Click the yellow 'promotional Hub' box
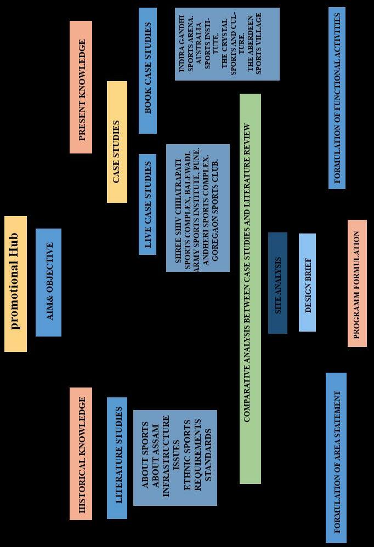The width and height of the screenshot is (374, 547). tap(15, 283)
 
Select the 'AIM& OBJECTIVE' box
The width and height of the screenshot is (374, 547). tap(48, 282)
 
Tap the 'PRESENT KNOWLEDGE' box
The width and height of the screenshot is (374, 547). tap(81, 87)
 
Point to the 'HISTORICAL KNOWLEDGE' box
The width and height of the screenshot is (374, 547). tap(81, 454)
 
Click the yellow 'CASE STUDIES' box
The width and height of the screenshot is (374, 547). tap(117, 142)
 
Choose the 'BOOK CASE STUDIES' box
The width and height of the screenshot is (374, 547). tap(148, 70)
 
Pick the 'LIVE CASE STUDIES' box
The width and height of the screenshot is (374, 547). tap(148, 204)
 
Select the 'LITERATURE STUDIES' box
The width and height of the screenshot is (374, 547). tap(117, 458)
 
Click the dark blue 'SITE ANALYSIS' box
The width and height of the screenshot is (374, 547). tap(277, 283)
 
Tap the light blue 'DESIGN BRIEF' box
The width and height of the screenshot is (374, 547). tap(307, 282)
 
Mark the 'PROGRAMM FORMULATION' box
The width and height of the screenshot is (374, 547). tap(357, 283)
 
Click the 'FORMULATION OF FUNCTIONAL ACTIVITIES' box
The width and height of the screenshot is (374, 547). tap(337, 98)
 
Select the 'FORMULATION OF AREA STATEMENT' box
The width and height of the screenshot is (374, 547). tap(336, 458)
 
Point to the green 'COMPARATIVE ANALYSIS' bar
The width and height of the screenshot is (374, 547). tap(250, 289)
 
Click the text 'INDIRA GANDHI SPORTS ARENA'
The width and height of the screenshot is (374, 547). tap(186, 44)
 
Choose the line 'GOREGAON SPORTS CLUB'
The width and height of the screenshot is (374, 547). tap(214, 208)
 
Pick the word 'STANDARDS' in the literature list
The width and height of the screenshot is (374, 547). tap(208, 458)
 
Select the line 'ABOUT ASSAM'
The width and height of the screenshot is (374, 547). tap(155, 458)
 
